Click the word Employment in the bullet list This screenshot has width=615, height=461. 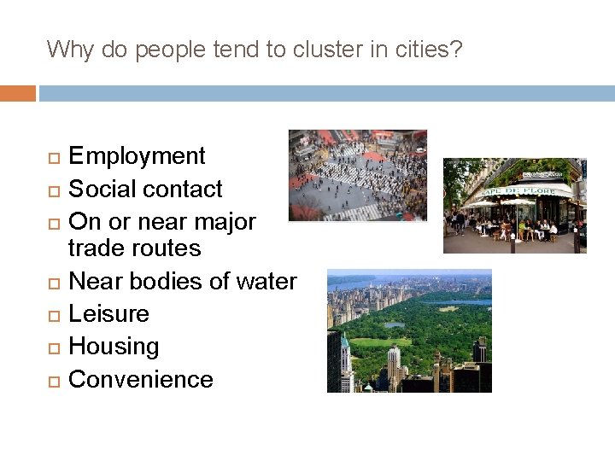point(137,156)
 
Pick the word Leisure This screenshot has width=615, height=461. point(108,313)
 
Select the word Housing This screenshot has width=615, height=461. point(114,347)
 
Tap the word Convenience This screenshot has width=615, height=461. point(140,379)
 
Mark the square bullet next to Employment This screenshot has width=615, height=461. point(51,157)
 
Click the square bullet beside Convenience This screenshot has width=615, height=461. point(51,380)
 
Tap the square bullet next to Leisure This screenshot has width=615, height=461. point(51,314)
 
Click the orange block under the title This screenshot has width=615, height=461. point(17,93)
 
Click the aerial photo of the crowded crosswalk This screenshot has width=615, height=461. point(357,175)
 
